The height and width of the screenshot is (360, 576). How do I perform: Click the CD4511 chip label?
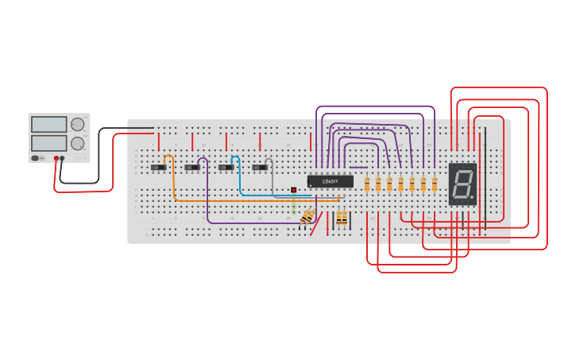click(330, 181)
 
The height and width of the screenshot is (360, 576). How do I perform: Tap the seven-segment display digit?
click(462, 184)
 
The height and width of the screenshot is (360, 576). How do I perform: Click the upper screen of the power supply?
click(49, 125)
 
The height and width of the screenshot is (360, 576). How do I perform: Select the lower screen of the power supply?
click(49, 143)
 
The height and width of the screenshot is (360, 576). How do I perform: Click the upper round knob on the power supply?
click(77, 124)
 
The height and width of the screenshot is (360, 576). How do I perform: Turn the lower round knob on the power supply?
click(77, 143)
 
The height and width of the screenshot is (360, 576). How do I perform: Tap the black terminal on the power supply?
click(62, 158)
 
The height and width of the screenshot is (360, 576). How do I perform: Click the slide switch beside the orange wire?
click(159, 168)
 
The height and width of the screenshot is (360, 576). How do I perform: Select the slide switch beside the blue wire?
click(226, 168)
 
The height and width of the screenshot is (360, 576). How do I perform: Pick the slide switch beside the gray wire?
click(260, 168)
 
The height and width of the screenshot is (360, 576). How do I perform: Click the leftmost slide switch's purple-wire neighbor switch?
click(192, 168)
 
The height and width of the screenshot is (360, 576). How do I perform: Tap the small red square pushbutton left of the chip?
click(294, 190)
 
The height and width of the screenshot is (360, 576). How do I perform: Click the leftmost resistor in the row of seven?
click(367, 184)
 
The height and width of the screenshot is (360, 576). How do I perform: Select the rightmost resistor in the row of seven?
click(435, 184)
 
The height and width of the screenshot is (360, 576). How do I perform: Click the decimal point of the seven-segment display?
click(474, 199)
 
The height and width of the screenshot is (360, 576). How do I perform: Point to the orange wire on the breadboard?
click(238, 201)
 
